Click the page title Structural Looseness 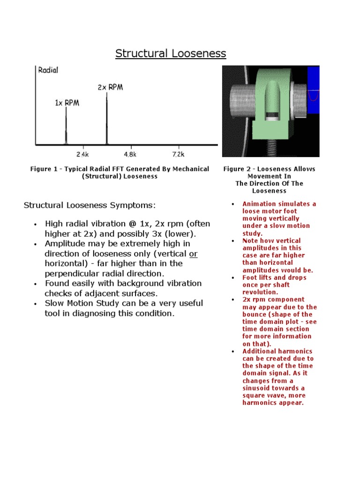click(x=171, y=53)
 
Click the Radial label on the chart click(x=48, y=70)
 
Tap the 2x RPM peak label click(x=110, y=87)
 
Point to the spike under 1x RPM click(x=66, y=127)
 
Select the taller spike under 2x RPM click(x=106, y=120)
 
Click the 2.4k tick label click(x=82, y=154)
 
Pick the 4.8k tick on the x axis click(x=130, y=154)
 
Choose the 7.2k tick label click(x=178, y=154)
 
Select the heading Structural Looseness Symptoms click(x=89, y=205)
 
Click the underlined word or click(x=192, y=254)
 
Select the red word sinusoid click(x=259, y=388)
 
